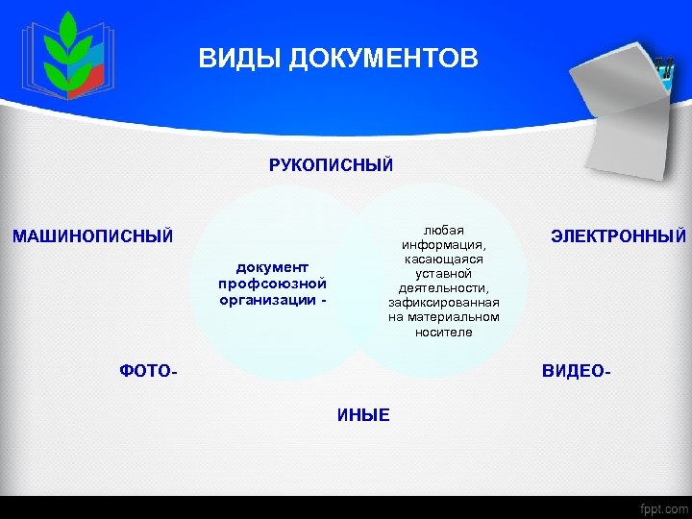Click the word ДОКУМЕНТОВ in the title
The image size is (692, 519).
point(384,60)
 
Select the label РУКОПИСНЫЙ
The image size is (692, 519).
point(331,165)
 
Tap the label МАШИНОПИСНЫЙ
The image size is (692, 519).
point(92,235)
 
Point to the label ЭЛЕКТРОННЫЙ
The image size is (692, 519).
point(618,235)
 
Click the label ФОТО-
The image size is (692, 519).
point(148,370)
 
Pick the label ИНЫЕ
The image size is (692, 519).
point(363,415)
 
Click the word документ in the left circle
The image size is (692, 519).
point(272,267)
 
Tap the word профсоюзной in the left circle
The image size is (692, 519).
point(272,283)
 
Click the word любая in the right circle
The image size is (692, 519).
point(443,230)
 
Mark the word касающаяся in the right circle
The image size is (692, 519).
point(443,259)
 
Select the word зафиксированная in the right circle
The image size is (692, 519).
point(443,302)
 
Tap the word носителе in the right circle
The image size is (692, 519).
point(443,332)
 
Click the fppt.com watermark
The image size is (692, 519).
point(663,507)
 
